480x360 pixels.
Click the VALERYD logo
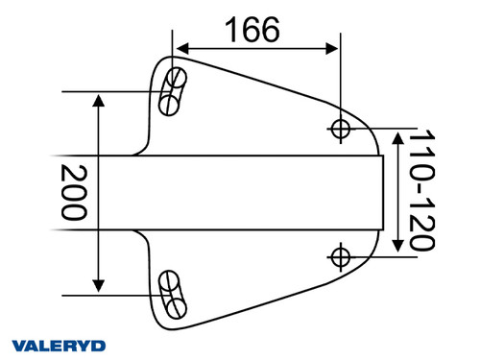coord(59,345)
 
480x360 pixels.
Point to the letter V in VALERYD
coord(18,345)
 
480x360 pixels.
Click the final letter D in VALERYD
coord(99,345)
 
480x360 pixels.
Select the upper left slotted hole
coord(173,88)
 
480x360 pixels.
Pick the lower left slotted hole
coord(173,293)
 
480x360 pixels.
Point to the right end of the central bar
coord(381,192)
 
